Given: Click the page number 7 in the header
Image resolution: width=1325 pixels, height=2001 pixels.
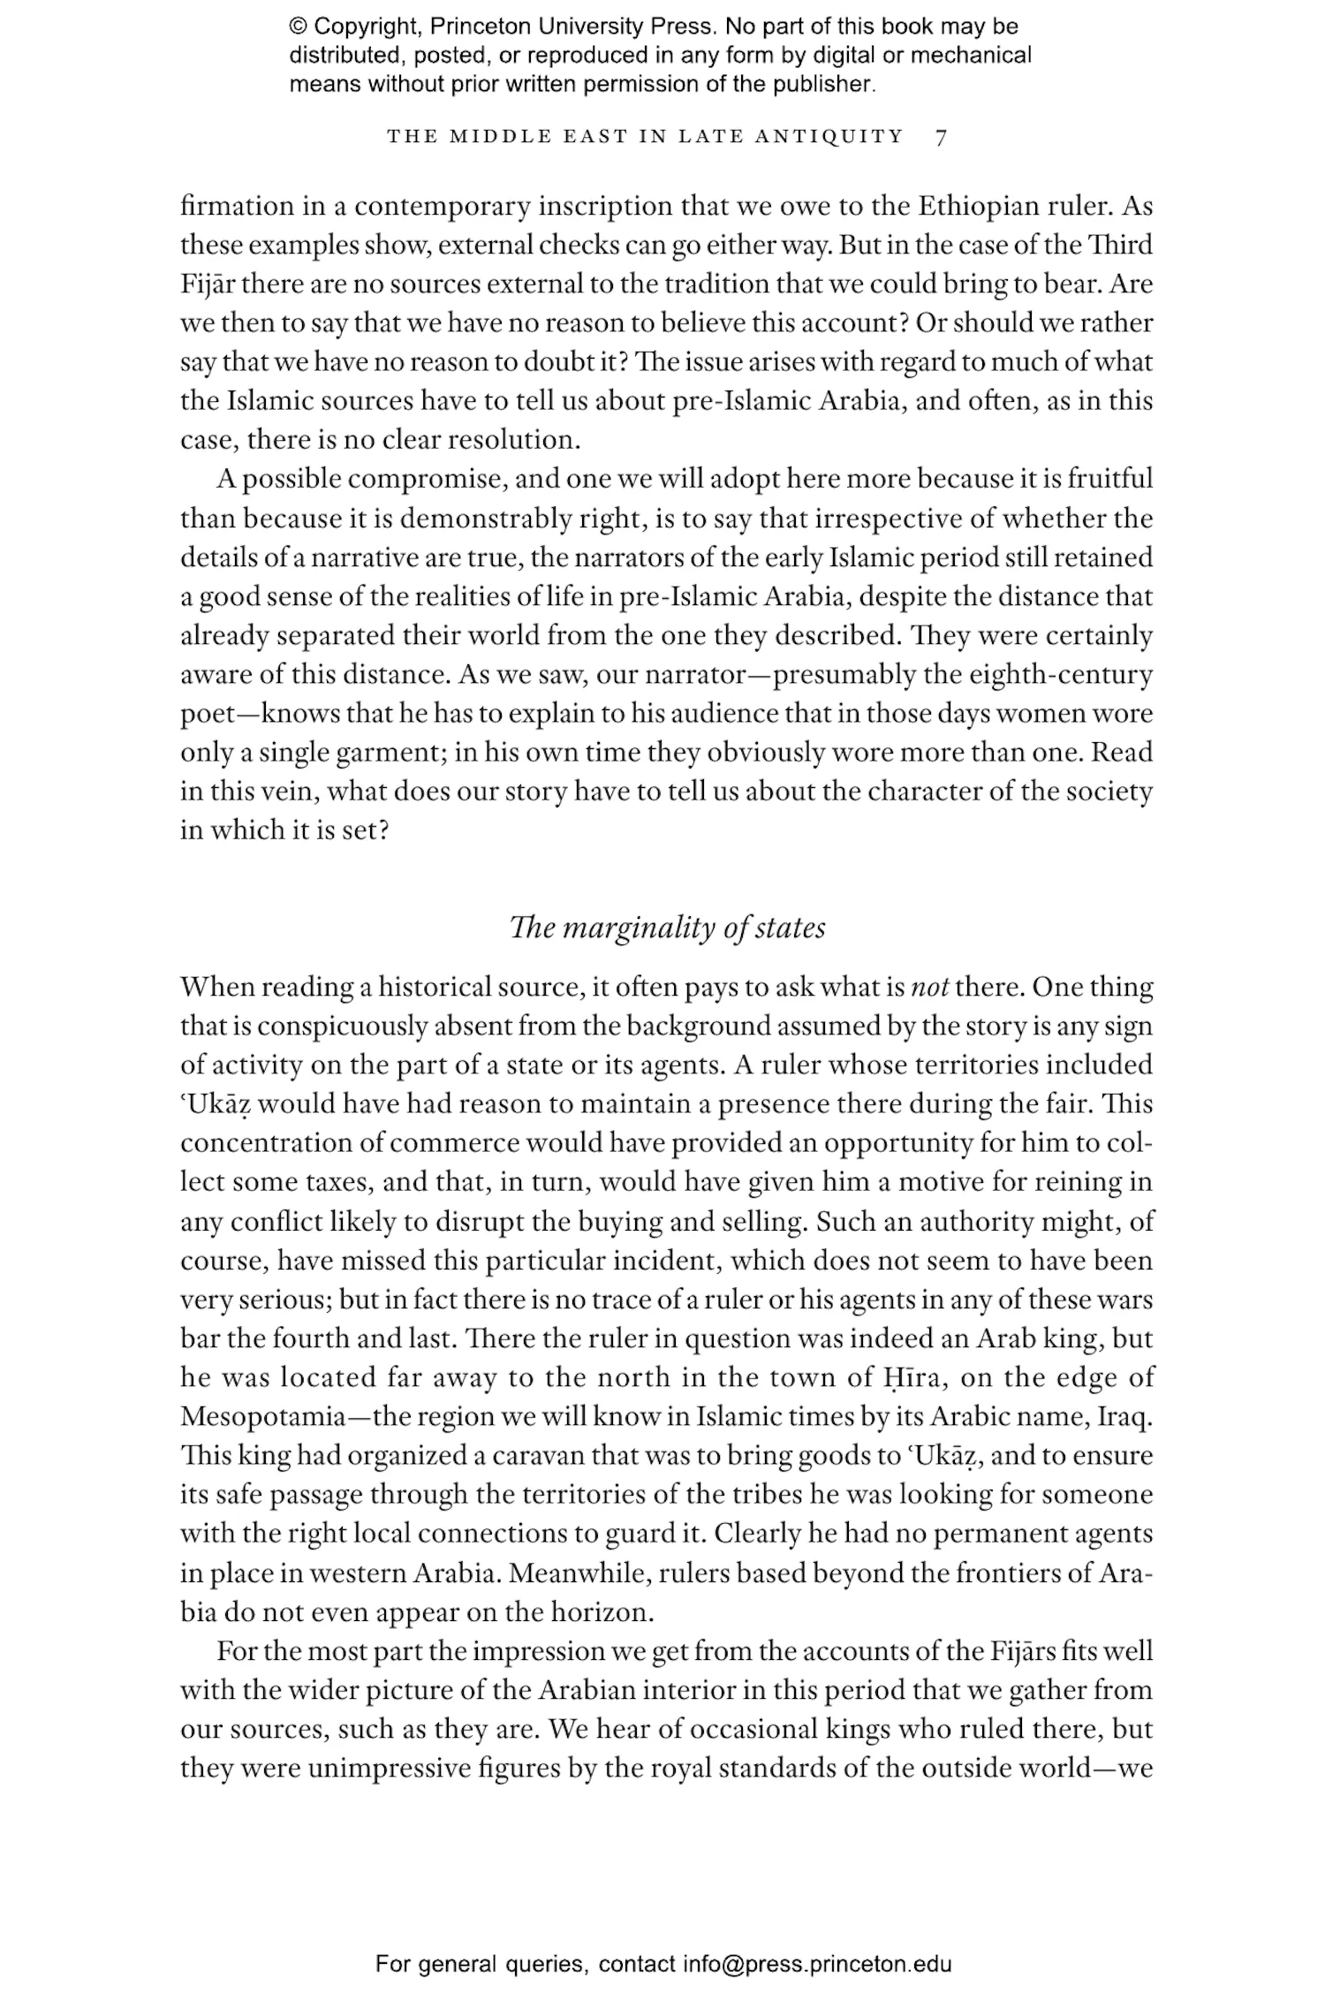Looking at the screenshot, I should click(941, 137).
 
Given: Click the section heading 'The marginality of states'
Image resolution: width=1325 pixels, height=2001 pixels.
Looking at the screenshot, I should click(667, 928).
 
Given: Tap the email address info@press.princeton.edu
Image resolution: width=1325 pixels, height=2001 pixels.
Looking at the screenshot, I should click(817, 1964).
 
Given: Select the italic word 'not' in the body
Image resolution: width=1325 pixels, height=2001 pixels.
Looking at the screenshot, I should click(929, 987).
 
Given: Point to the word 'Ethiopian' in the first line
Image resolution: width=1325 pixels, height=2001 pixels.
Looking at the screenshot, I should click(975, 206).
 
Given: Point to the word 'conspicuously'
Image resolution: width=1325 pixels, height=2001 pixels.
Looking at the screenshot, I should click(346, 1026).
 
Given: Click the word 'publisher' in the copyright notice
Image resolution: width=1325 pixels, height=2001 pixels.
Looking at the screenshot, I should click(821, 85).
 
